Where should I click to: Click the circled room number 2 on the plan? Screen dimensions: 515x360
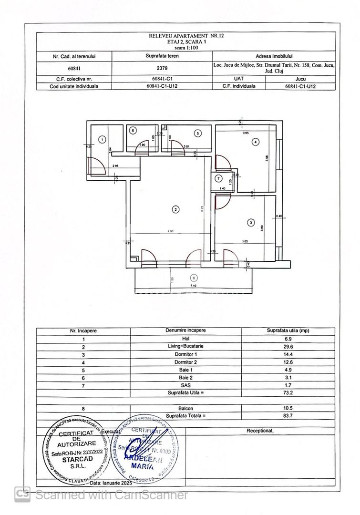pos(176,209)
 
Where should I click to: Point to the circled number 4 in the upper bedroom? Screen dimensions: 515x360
pos(256,142)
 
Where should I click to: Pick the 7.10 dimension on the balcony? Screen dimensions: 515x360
pos(193,285)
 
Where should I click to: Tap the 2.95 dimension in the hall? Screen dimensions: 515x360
pos(115,165)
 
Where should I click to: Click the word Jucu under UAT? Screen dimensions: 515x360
pos(300,79)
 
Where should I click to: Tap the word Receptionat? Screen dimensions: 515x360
pos(260,431)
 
